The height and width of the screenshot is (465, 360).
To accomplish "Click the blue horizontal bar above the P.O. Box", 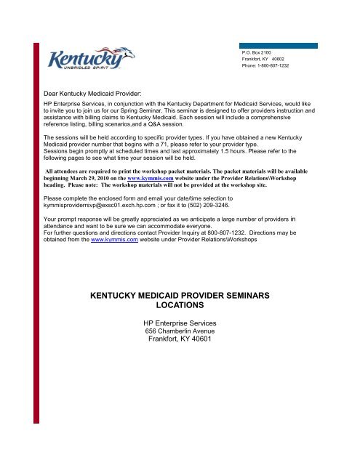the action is (279, 45).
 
